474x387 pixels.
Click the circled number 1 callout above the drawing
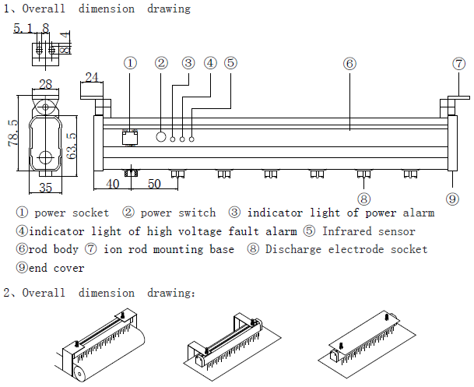(131, 63)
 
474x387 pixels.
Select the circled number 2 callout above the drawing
(161, 63)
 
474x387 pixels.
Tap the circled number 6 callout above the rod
(349, 63)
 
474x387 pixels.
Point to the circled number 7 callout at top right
(459, 63)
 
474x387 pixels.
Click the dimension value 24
(93, 76)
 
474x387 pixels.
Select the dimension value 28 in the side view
(45, 83)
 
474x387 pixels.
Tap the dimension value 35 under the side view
(45, 187)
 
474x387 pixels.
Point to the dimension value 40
(113, 184)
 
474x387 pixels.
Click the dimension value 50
(154, 184)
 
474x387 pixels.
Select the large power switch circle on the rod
(162, 137)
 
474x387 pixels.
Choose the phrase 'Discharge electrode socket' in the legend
(346, 250)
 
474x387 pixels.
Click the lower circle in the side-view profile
(46, 158)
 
